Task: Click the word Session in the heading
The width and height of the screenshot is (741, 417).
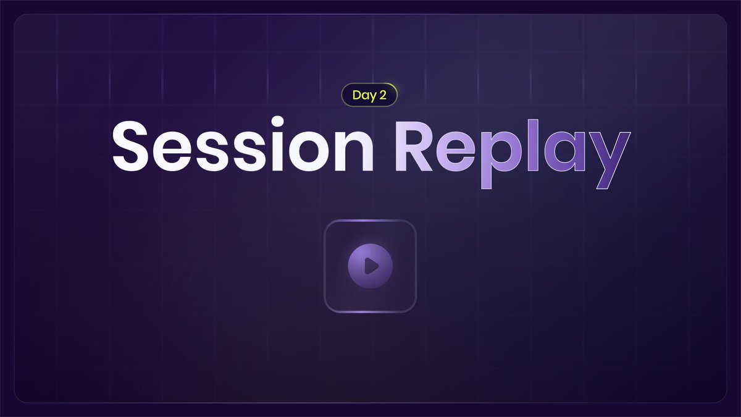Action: click(242, 147)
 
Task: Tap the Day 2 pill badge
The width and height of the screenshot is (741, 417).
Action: click(369, 95)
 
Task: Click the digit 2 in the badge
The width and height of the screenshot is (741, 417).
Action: click(383, 95)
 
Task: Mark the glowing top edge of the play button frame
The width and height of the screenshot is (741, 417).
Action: click(370, 221)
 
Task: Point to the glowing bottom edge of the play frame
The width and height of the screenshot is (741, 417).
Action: click(370, 311)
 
